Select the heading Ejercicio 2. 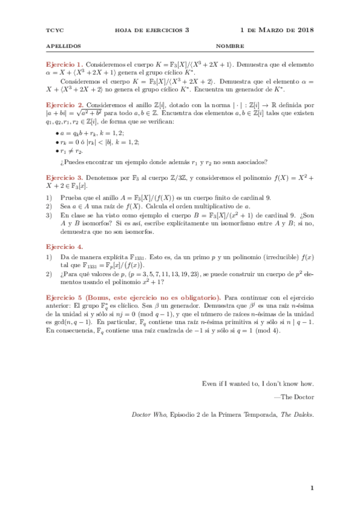[x=65, y=104]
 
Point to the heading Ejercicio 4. [x=65, y=247]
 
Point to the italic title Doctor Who [x=147, y=414]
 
